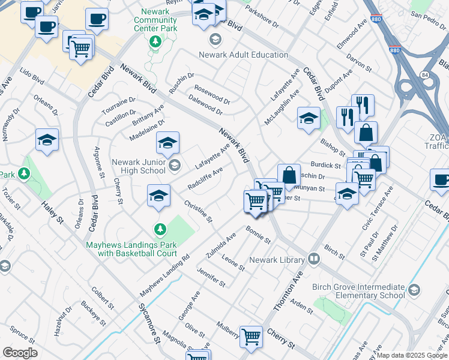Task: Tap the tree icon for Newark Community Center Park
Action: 155,41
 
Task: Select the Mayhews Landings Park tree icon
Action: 160,229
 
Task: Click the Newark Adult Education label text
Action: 244,55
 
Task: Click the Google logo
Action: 20,353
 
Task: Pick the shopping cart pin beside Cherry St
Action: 250,336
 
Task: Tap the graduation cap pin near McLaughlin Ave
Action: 309,117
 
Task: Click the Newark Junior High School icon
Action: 174,164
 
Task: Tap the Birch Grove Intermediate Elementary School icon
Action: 414,291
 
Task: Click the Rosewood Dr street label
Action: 212,94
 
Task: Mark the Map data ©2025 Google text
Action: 412,355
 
